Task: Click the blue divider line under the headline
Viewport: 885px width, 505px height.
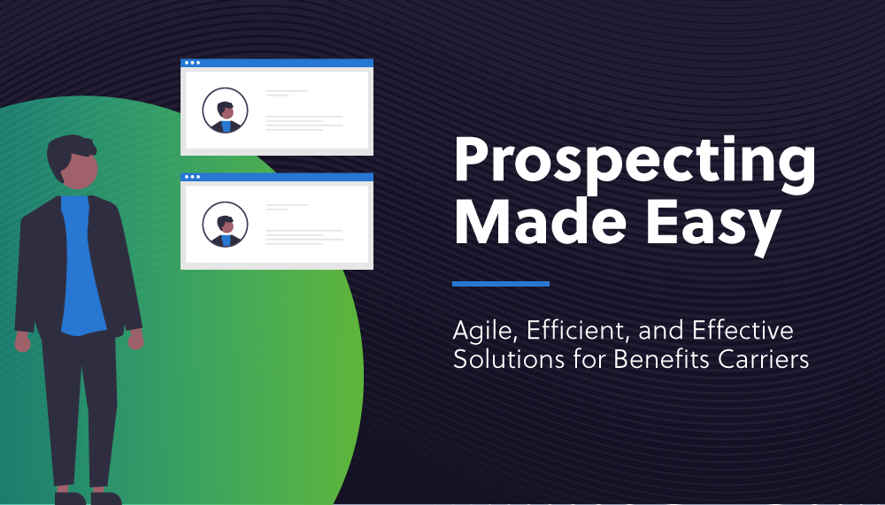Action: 501,284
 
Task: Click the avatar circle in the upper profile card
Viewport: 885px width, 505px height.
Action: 225,111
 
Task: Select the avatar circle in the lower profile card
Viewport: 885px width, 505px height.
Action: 225,225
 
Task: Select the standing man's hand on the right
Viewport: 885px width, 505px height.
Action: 135,338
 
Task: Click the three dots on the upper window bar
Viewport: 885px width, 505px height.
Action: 191,63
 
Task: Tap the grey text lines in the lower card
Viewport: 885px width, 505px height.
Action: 304,236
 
